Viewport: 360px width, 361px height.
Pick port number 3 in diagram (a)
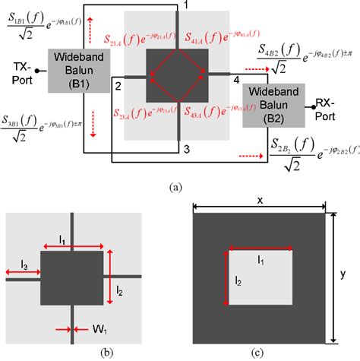click(x=188, y=150)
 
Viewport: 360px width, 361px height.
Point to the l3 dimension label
click(x=26, y=265)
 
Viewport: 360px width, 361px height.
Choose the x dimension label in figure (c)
click(x=261, y=200)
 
